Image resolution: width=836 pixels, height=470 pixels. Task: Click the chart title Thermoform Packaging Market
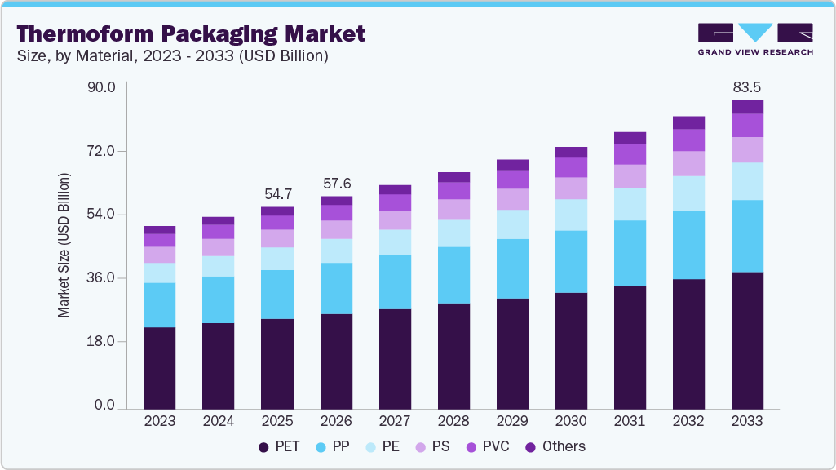tap(191, 34)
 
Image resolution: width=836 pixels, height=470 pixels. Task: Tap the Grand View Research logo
tap(754, 39)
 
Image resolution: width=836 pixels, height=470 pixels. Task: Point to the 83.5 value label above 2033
tap(747, 86)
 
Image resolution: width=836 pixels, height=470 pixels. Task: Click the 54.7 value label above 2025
tap(276, 194)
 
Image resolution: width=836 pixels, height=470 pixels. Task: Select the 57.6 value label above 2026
tap(336, 184)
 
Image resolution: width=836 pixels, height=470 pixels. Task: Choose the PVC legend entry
tap(490, 446)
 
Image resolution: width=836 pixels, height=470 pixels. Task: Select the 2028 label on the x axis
tap(453, 421)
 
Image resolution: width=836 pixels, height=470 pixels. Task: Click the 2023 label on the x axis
tap(159, 421)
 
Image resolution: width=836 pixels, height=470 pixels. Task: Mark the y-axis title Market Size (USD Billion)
tap(64, 246)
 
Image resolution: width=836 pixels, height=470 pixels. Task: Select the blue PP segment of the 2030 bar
tap(571, 262)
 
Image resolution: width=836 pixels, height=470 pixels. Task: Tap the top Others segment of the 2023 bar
tap(159, 230)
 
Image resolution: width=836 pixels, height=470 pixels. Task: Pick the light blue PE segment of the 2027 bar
tap(395, 242)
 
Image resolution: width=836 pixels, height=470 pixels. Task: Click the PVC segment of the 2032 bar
tap(688, 140)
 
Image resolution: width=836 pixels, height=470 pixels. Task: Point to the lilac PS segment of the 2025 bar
tap(276, 238)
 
